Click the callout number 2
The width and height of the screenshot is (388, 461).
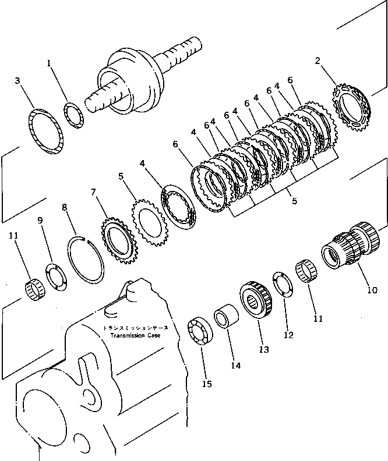318,61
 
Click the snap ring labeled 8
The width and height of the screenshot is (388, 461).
88,259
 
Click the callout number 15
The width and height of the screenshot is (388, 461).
207,384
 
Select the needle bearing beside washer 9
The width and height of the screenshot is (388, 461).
34,289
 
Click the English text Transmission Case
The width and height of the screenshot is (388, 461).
132,336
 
